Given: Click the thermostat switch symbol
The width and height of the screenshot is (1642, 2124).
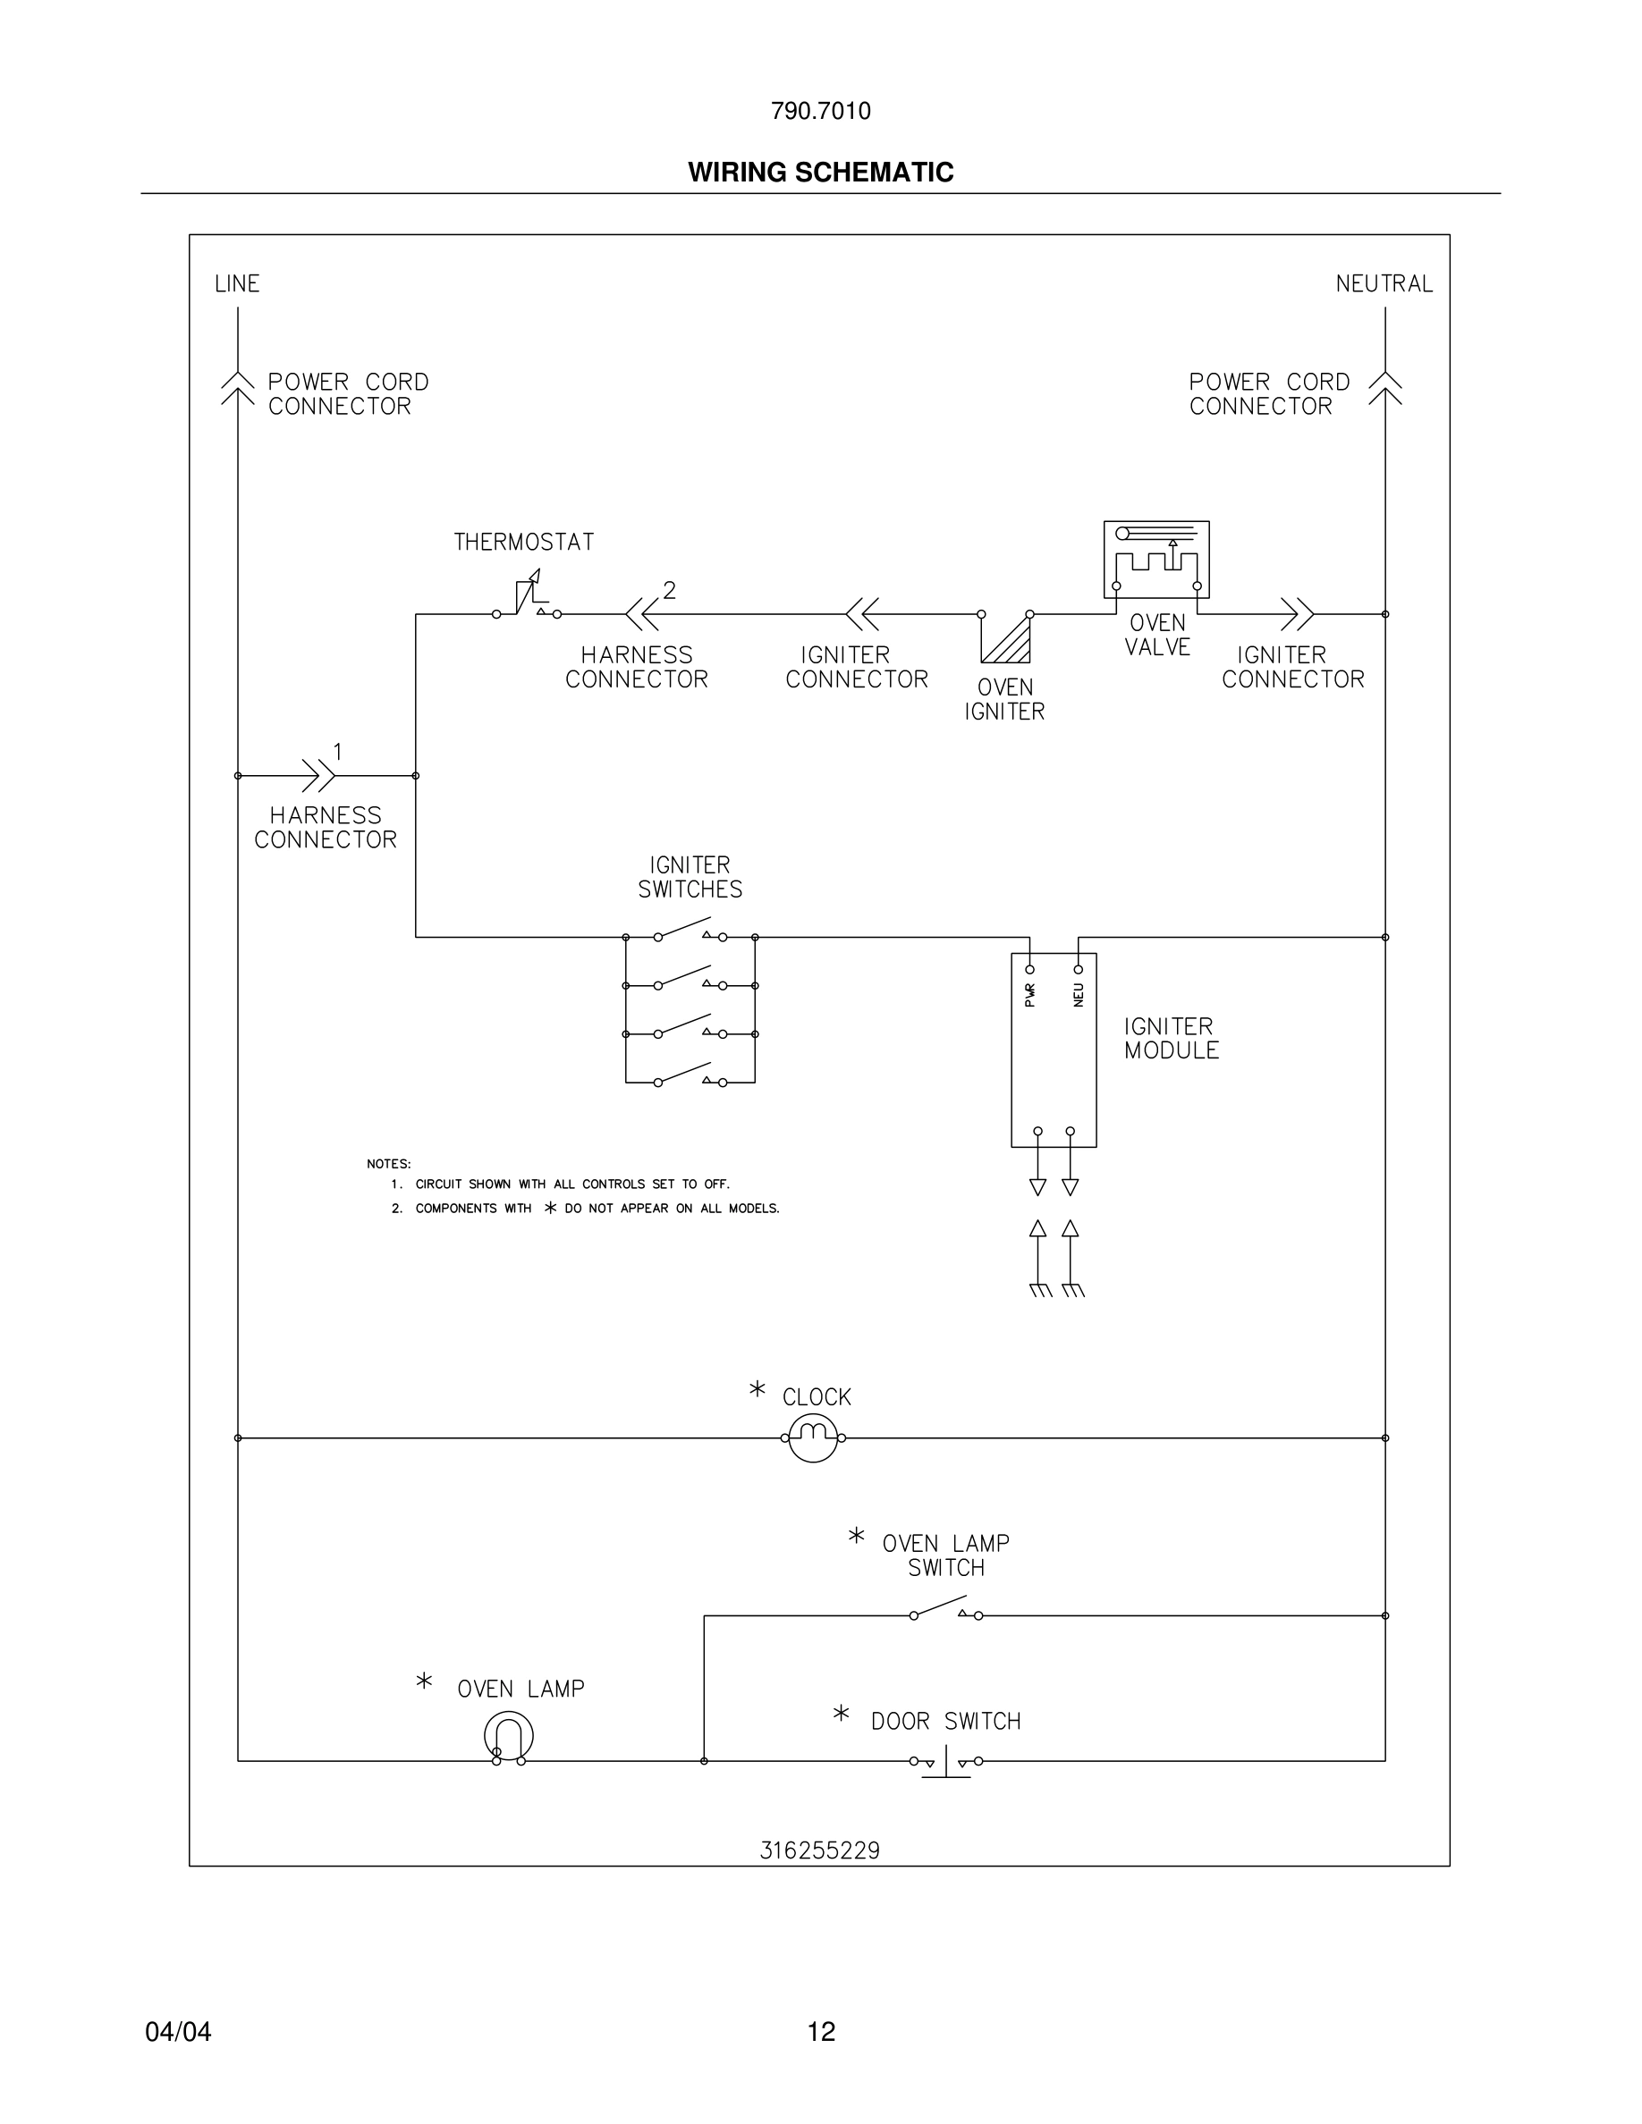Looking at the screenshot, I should click(x=528, y=601).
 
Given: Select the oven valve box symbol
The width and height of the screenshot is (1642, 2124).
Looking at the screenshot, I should click(x=1155, y=560).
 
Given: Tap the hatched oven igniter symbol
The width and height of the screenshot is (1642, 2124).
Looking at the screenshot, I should click(x=1006, y=638).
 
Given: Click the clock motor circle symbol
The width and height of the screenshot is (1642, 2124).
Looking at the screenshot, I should click(x=813, y=1437).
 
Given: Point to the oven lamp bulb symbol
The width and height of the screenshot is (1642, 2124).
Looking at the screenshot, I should click(x=509, y=1736).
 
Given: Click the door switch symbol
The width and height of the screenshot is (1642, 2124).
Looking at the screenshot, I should click(x=945, y=1762).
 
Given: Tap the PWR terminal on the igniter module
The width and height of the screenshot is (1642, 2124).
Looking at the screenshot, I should click(x=1030, y=970).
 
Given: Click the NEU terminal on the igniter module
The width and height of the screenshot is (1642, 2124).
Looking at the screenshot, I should click(x=1078, y=970).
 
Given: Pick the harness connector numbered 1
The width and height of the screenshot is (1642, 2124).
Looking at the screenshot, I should click(x=319, y=775).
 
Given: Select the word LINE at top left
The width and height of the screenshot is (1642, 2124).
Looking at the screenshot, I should click(x=237, y=284).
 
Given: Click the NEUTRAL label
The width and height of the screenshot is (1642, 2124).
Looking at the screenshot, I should click(x=1384, y=284).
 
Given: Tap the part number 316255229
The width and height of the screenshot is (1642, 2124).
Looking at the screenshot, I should click(x=819, y=1850).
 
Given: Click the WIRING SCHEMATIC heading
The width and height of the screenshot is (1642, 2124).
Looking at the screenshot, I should click(x=820, y=173).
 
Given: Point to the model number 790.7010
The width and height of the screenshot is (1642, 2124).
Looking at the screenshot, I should click(x=820, y=111).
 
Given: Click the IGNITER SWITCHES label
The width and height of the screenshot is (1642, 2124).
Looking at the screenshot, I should click(x=690, y=877).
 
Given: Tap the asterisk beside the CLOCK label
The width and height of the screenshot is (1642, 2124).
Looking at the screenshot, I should click(x=757, y=1390).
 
